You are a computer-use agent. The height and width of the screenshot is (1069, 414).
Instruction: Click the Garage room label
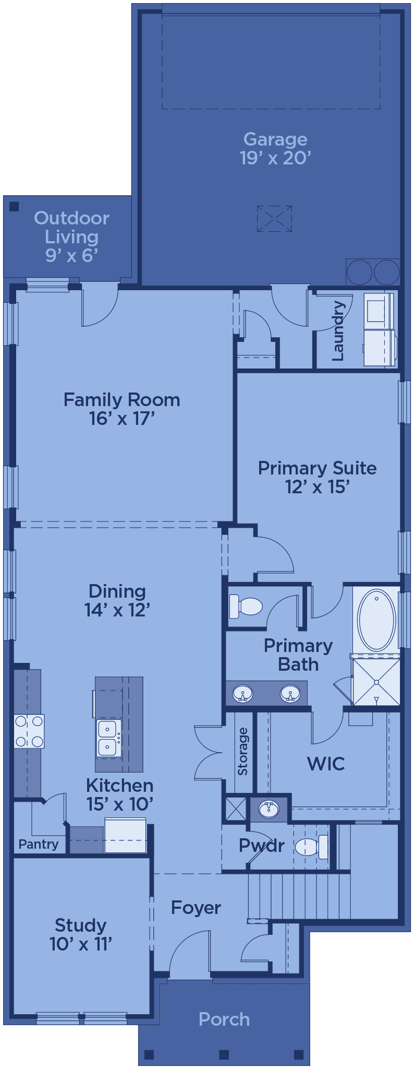[x=275, y=139]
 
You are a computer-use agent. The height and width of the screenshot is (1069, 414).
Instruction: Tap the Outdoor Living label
[x=71, y=227]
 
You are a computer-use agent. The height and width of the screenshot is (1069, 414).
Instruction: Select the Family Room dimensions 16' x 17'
[x=122, y=419]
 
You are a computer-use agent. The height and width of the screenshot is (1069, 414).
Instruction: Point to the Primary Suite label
[x=317, y=468]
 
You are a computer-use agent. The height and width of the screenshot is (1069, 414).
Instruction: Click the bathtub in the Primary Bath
[x=376, y=620]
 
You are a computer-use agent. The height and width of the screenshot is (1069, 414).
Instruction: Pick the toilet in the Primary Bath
[x=246, y=607]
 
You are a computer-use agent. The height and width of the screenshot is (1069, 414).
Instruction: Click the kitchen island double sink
[x=109, y=738]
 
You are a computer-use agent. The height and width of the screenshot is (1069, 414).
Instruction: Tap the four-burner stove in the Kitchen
[x=29, y=731]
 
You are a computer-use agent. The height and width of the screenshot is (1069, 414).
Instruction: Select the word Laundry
[x=338, y=330]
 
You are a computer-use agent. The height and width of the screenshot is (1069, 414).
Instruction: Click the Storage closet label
[x=242, y=751]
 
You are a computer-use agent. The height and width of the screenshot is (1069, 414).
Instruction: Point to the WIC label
[x=326, y=764]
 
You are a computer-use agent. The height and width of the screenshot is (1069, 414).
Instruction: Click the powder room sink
[x=269, y=809]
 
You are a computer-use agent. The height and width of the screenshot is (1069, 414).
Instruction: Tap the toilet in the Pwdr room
[x=311, y=847]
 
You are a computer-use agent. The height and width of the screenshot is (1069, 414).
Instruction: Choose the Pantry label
[x=39, y=844]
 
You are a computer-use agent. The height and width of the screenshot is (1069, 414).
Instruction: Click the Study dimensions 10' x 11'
[x=81, y=944]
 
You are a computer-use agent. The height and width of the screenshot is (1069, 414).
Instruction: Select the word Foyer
[x=196, y=908]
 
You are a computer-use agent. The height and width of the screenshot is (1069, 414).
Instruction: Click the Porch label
[x=224, y=1019]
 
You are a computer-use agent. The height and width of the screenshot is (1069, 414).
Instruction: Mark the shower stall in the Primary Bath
[x=376, y=682]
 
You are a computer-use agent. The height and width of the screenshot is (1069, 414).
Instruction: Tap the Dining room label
[x=117, y=591]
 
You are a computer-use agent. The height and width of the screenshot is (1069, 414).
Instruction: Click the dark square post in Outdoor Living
[x=14, y=206]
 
